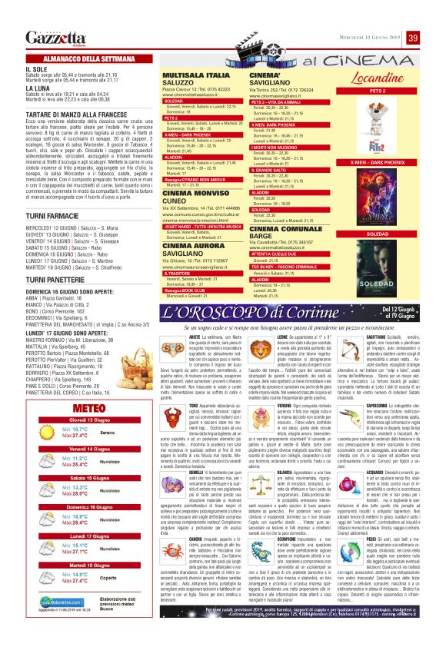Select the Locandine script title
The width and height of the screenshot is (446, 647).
click(x=378, y=80)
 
